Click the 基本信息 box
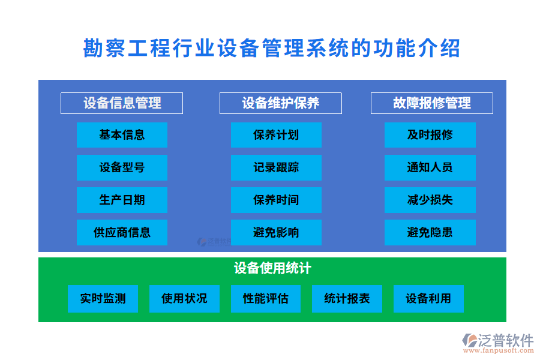[122, 135]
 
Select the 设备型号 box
[122, 167]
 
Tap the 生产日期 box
[122, 200]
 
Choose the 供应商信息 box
[122, 232]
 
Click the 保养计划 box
[276, 135]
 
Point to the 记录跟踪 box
[276, 167]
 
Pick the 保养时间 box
[276, 200]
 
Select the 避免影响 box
[276, 232]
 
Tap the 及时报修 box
[430, 135]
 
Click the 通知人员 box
[430, 167]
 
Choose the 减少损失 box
[430, 200]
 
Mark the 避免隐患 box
[430, 232]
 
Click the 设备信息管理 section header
[122, 103]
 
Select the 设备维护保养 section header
[280, 103]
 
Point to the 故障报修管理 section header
[431, 103]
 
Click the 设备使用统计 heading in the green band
[272, 268]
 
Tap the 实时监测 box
[103, 299]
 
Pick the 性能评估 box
[266, 299]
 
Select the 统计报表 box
[347, 299]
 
